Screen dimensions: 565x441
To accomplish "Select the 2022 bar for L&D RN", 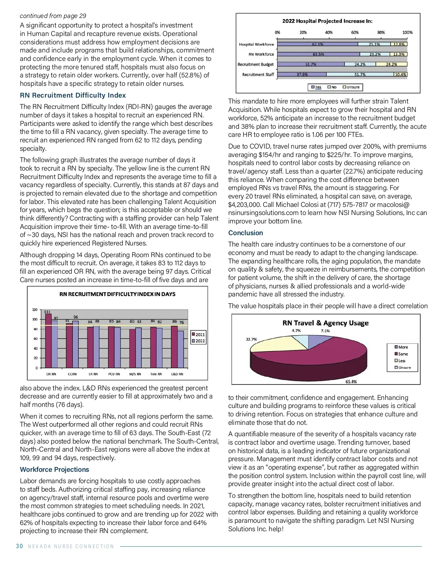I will (180, 349).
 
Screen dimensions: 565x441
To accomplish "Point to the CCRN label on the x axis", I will (72, 374).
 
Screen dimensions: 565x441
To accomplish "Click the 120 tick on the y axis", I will (35, 310).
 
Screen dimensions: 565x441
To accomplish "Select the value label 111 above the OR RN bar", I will (47, 312).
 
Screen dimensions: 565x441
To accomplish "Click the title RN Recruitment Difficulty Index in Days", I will (117, 294).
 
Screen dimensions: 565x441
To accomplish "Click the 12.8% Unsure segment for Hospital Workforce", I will (399, 44).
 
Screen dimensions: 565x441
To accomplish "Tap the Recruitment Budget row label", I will (255, 65).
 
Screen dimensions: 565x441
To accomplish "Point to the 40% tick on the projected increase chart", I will (329, 33).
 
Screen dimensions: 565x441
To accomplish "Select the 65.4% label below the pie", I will (351, 382).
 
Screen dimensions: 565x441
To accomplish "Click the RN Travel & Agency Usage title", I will (325, 323).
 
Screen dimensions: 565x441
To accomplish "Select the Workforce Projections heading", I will (54, 470).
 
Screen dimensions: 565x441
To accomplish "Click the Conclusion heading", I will (245, 233).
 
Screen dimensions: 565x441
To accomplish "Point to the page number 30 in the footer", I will (19, 546).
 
